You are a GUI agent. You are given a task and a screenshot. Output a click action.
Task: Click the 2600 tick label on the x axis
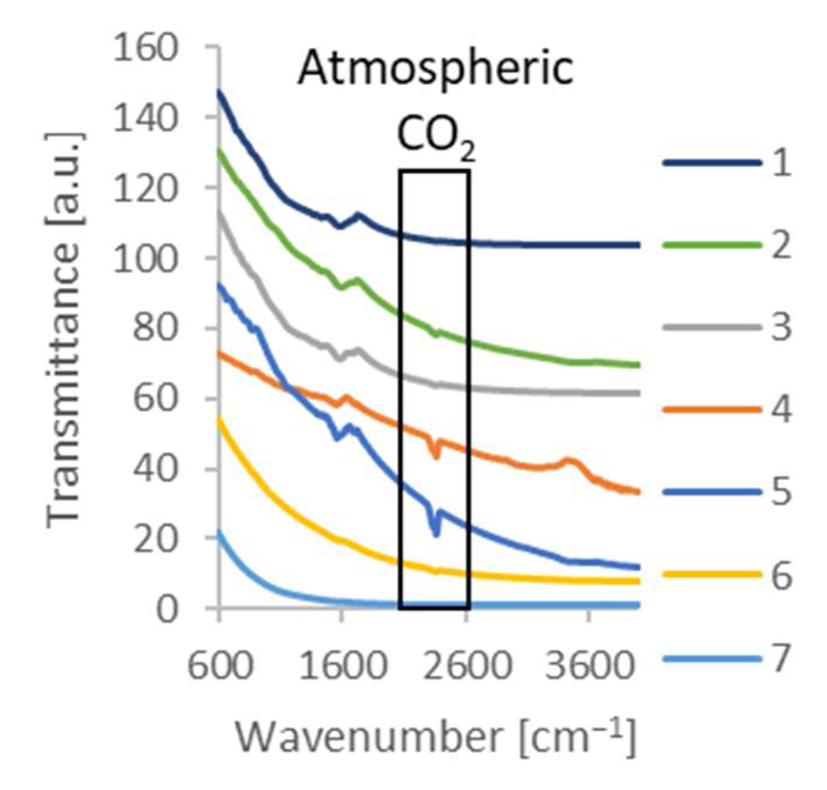(x=468, y=667)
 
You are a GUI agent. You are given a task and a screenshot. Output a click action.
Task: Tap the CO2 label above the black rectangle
(x=435, y=138)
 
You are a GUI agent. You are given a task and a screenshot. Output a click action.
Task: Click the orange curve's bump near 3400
(x=568, y=460)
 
